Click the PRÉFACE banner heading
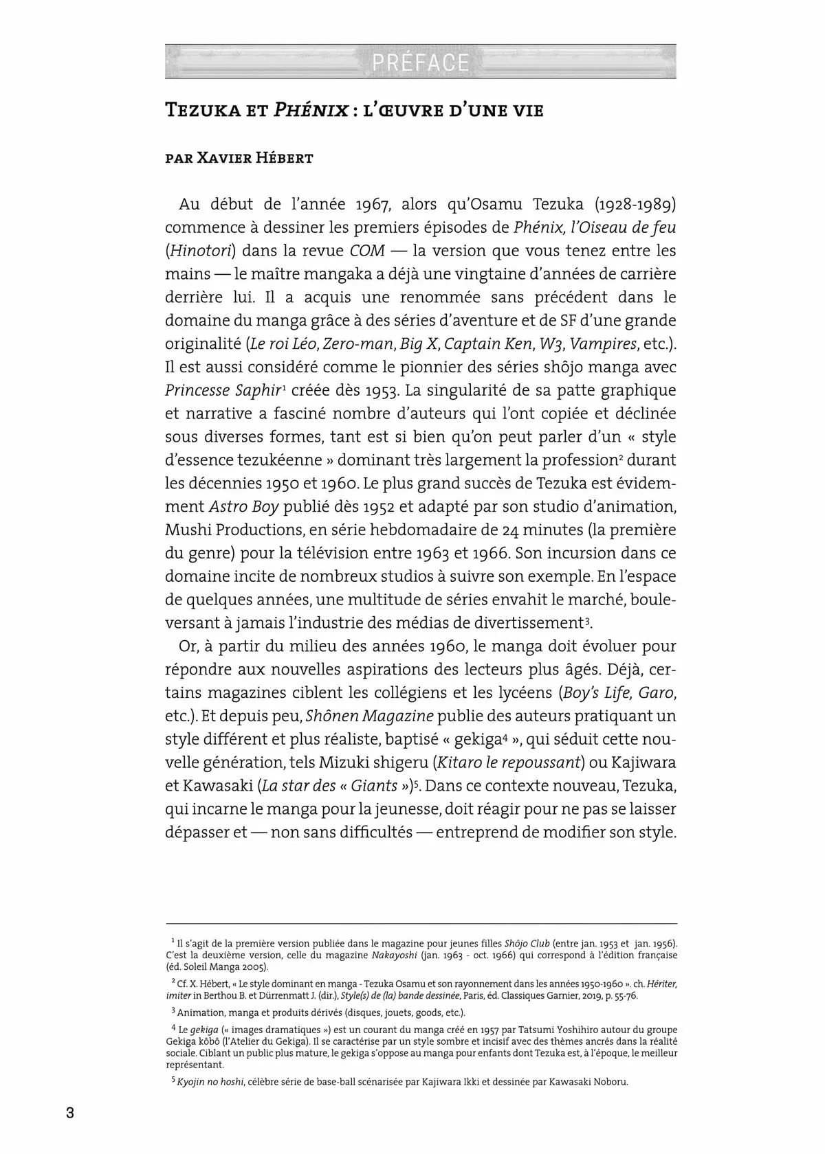click(420, 63)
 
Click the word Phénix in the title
click(310, 110)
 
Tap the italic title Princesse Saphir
click(223, 390)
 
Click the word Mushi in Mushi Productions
click(187, 530)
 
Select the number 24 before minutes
click(545, 530)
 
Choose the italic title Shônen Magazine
click(369, 716)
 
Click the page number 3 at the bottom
click(69, 1113)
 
